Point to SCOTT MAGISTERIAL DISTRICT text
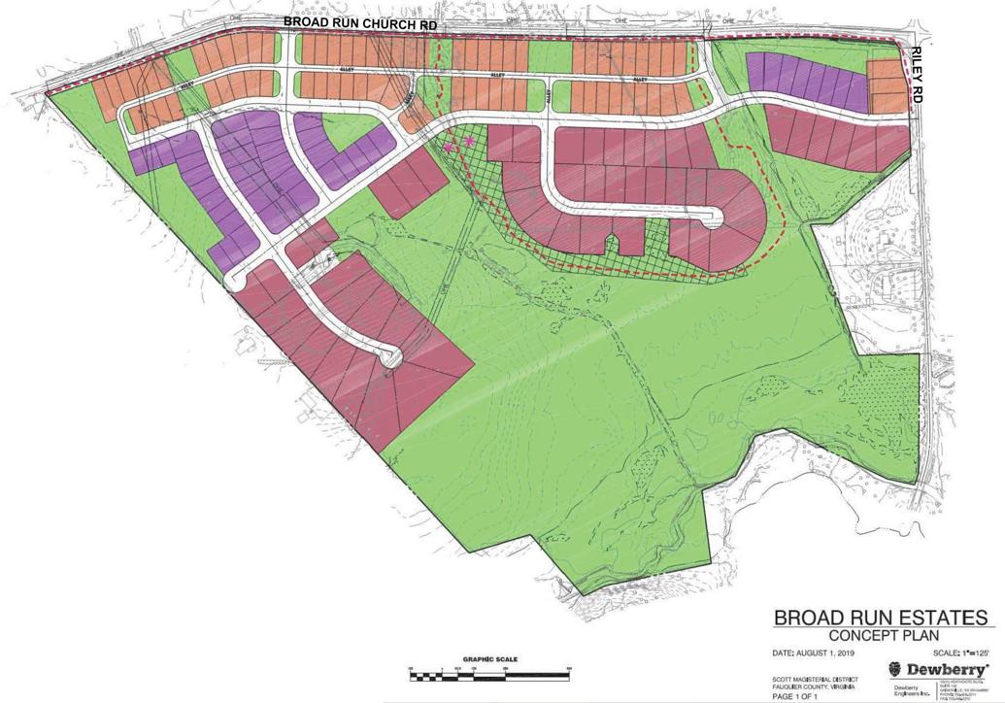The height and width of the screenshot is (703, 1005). coord(812,678)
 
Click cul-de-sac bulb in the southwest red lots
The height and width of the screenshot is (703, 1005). coord(394,356)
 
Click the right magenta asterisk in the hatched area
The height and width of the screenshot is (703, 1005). coord(472,142)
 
